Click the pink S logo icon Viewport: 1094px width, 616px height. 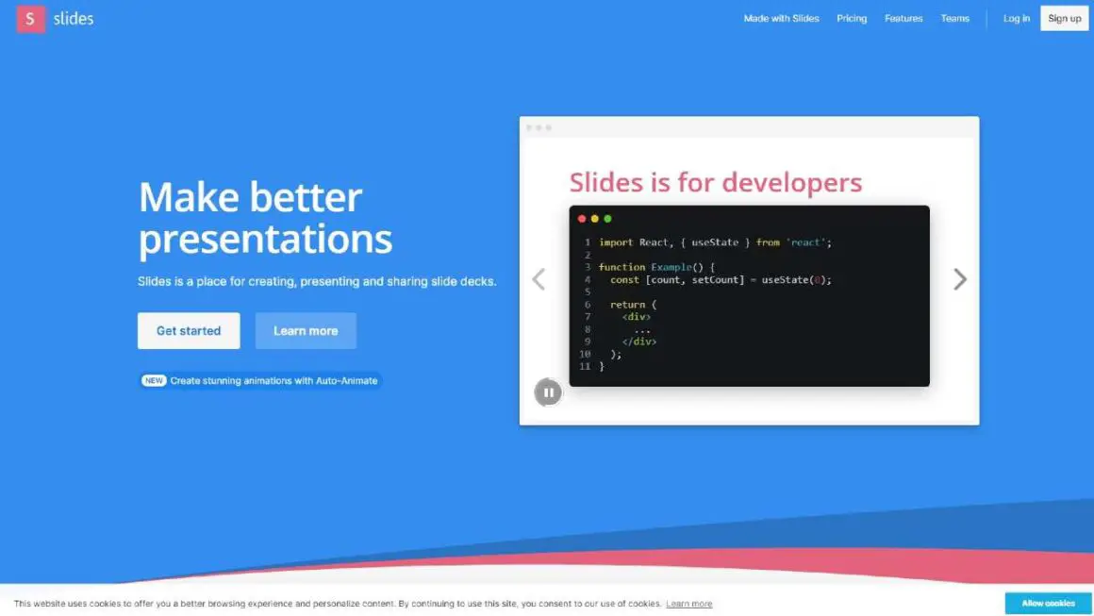pos(31,19)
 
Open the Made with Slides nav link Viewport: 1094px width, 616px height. pos(781,19)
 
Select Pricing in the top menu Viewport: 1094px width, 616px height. pos(852,19)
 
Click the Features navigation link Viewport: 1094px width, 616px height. pos(903,19)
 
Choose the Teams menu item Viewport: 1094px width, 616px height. pos(954,19)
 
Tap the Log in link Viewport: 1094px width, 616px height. pos(1016,19)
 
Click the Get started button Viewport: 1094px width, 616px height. pos(189,331)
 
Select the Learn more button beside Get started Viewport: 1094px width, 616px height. pos(306,331)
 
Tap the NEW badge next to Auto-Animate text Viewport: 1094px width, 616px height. pos(154,380)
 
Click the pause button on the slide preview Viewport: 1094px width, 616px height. pos(548,392)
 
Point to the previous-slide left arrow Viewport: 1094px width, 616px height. pos(539,279)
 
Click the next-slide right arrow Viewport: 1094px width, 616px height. pos(960,279)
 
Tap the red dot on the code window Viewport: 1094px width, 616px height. pos(582,219)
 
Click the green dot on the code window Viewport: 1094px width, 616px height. pos(607,219)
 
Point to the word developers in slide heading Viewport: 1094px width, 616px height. pos(792,183)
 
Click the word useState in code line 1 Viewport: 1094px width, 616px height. pos(715,242)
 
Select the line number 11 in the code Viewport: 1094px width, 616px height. pos(585,366)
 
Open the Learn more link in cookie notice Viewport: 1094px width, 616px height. pos(688,604)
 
